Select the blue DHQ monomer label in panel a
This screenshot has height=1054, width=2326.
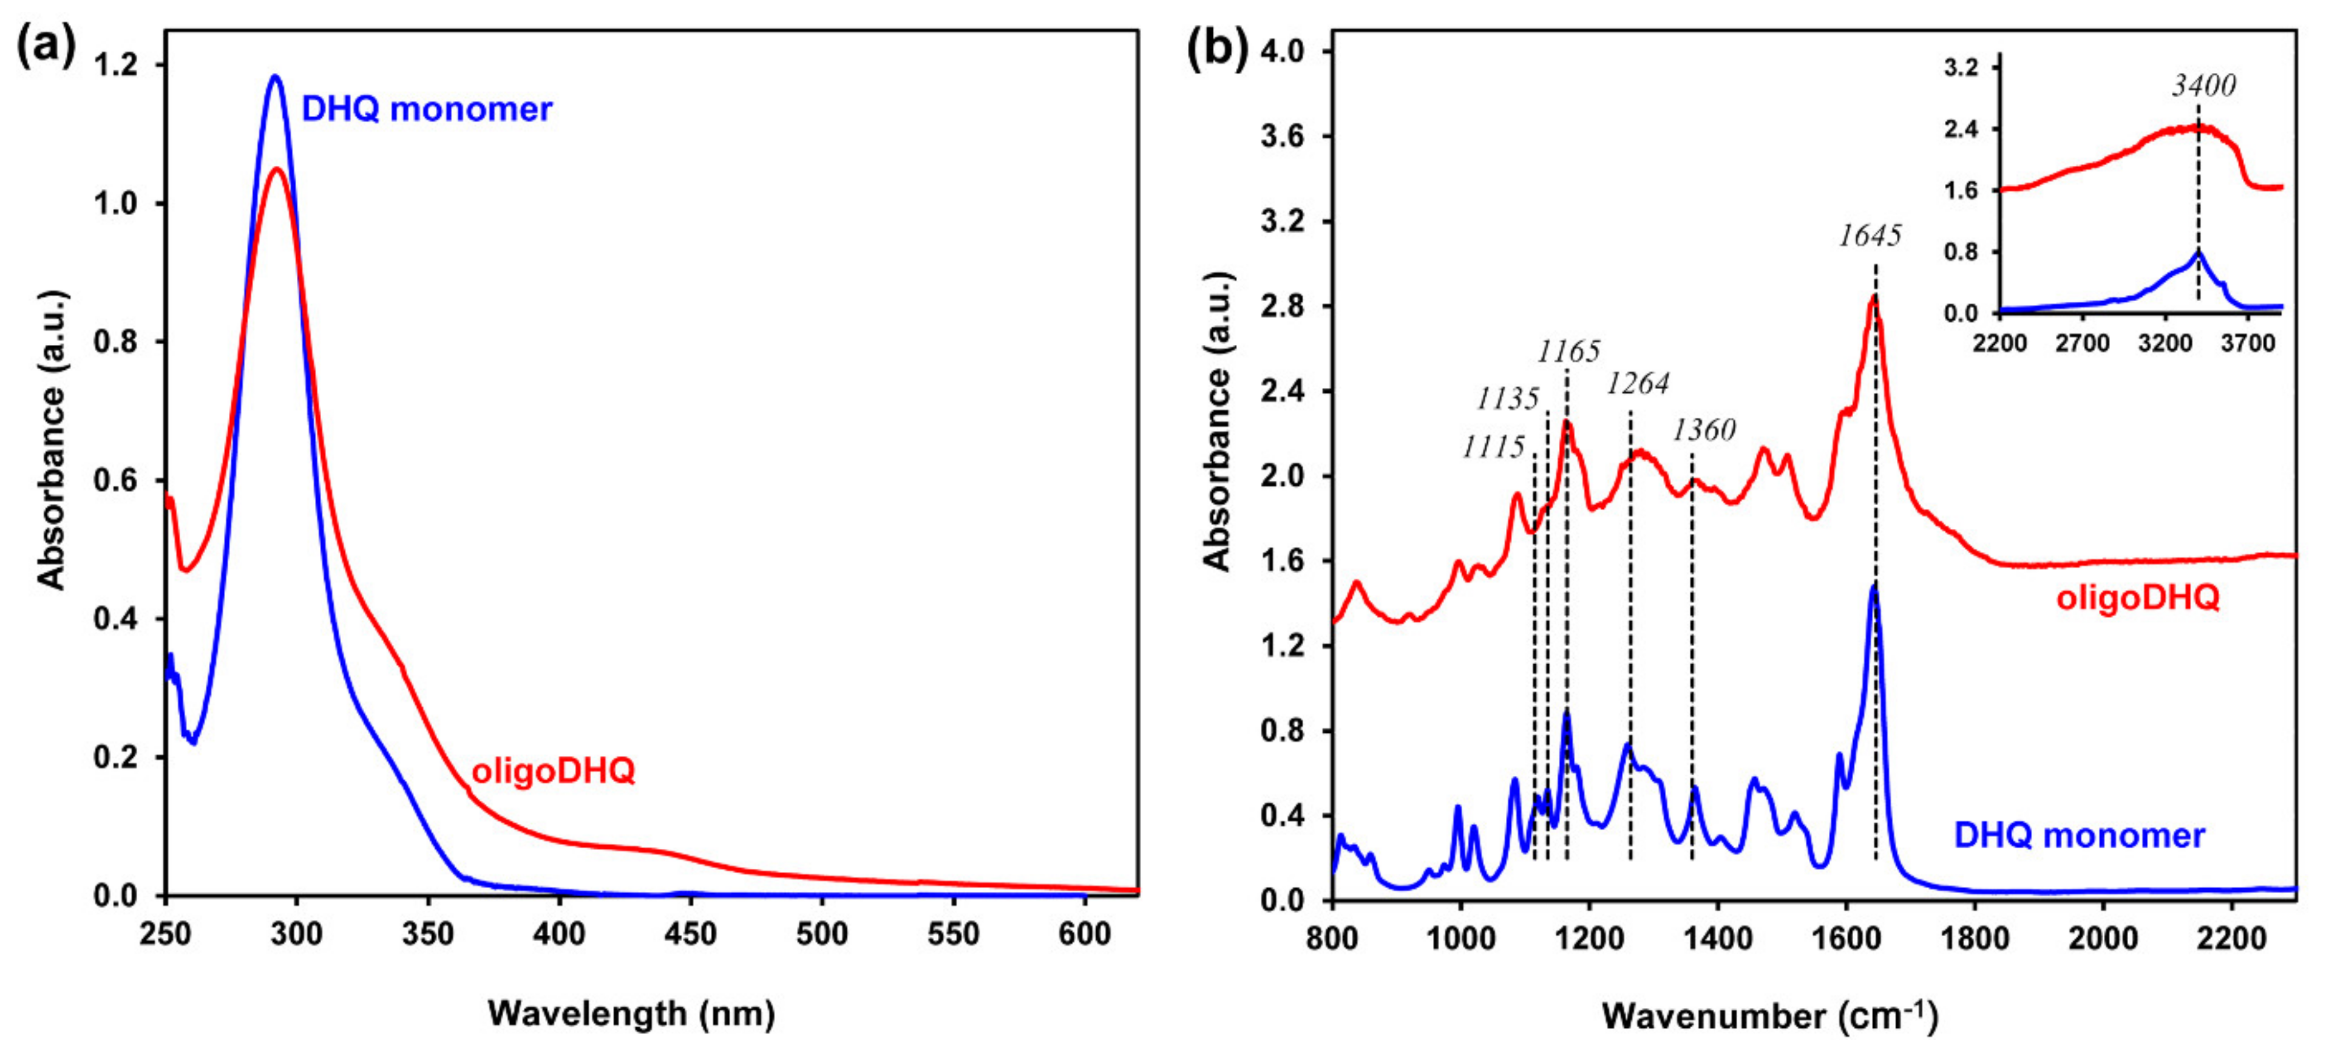426,109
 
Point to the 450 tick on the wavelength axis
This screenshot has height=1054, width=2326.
690,933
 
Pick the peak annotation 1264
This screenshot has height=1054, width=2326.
1637,384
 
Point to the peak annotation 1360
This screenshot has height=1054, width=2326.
1703,430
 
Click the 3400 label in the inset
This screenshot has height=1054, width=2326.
2203,86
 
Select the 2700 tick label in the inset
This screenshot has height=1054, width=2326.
2082,343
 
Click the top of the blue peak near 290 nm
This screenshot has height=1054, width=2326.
274,76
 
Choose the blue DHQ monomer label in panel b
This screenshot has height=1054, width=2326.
2078,835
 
